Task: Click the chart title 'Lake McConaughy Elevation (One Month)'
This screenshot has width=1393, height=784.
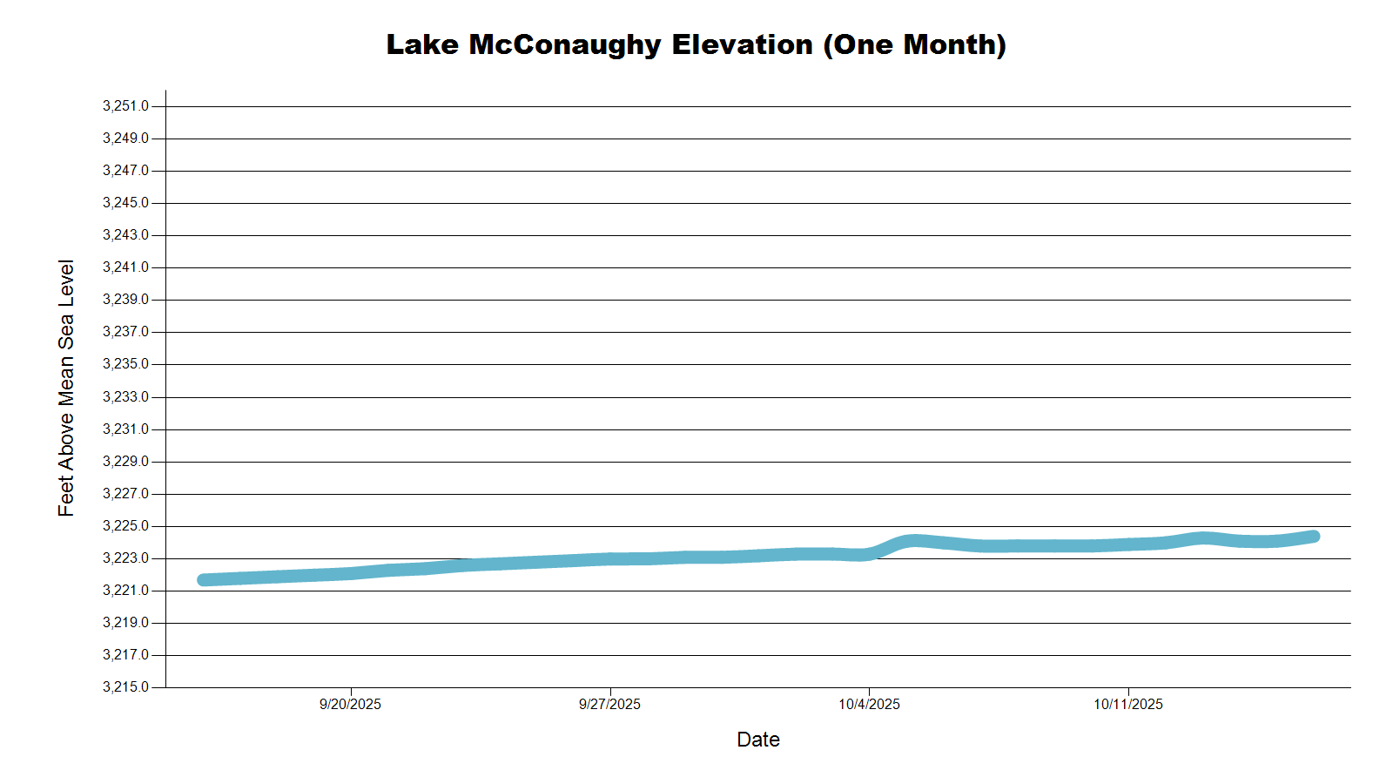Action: (x=696, y=44)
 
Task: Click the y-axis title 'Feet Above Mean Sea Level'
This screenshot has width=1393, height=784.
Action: (x=66, y=388)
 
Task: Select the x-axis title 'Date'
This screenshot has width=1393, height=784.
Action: (x=757, y=740)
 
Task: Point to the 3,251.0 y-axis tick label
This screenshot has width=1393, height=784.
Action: (x=125, y=106)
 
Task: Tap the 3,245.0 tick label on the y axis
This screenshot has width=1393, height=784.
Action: (x=125, y=203)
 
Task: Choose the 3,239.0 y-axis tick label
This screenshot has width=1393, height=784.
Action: (x=125, y=300)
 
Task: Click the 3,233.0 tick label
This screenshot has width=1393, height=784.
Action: (x=125, y=397)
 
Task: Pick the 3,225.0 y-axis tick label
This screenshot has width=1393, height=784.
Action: (x=125, y=526)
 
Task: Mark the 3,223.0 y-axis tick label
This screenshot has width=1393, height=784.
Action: (x=125, y=558)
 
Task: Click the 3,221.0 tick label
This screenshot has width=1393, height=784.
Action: (x=125, y=591)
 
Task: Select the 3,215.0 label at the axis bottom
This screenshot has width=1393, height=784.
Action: (x=125, y=687)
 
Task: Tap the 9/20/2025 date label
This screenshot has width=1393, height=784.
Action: (x=350, y=705)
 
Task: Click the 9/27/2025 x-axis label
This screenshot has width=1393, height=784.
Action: (x=609, y=705)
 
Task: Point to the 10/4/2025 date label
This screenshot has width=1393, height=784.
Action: (x=869, y=705)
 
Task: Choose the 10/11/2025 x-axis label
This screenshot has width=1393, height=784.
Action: (x=1128, y=705)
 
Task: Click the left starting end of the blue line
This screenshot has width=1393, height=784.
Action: (x=204, y=580)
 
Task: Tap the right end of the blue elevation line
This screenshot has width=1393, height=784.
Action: (x=1314, y=537)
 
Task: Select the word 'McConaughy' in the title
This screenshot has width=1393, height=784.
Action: (x=565, y=44)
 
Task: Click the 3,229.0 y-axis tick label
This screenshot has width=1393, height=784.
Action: (x=125, y=462)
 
